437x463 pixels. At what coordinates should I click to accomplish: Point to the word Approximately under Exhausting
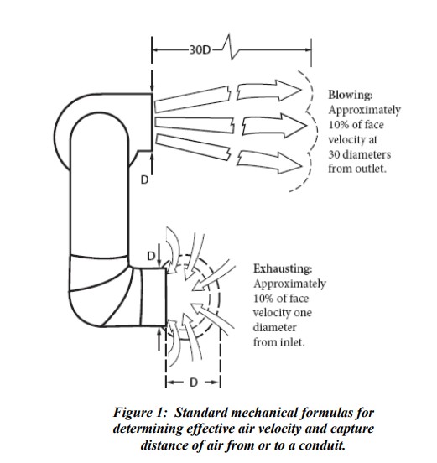click(x=289, y=284)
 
